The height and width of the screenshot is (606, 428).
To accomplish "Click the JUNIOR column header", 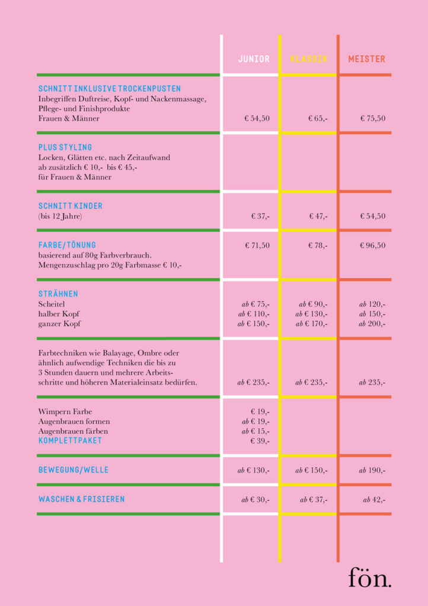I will (254, 59).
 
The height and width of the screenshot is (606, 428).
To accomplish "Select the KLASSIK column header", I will (308, 59).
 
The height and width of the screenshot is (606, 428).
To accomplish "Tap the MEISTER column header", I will (366, 59).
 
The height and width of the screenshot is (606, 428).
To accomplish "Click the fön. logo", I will (369, 578).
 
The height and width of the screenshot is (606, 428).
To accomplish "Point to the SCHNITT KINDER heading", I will (71, 206).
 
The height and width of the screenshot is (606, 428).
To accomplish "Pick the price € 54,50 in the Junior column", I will (257, 118).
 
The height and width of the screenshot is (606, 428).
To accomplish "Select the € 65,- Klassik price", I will (318, 118).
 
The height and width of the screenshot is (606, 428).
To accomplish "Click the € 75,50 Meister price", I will (373, 118).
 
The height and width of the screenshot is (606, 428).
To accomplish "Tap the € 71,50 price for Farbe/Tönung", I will (257, 245).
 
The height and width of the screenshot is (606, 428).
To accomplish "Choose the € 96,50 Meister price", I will (373, 245).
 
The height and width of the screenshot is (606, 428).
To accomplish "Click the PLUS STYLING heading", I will (65, 147).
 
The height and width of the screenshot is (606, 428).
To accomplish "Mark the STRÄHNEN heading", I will (58, 294).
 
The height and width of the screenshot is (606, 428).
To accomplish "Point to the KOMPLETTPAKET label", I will (70, 441).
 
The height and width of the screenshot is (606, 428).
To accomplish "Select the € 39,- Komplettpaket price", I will (260, 441).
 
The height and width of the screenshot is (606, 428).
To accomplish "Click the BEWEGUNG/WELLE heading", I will (74, 470).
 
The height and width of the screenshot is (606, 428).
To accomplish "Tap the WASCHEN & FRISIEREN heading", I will (82, 499).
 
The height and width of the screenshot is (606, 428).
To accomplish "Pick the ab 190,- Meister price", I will (372, 470).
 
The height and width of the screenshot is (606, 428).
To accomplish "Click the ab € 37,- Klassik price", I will (314, 499).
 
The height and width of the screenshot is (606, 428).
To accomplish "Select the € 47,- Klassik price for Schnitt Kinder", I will (318, 216).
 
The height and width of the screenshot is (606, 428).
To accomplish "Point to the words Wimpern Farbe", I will (65, 411).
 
